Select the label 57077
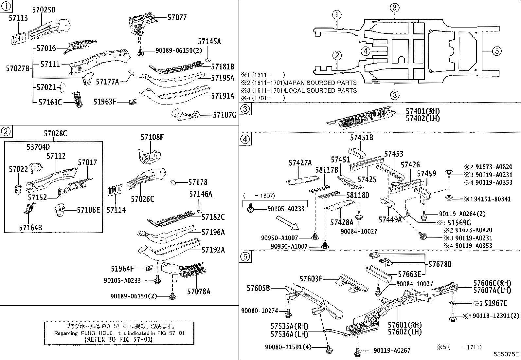coord(177,17)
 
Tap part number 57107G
coord(225,115)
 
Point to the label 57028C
coord(55,134)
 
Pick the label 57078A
coord(199,291)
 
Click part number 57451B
coord(362,138)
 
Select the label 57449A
coord(390,220)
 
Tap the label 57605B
coord(259,288)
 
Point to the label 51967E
coord(496,304)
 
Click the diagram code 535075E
coord(507,354)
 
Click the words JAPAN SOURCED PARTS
coord(321,83)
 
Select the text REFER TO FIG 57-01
coord(118,339)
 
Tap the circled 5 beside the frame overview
coord(496,51)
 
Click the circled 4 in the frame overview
coord(366,51)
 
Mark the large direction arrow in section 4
coord(287,224)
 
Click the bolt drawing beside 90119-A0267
coord(357,352)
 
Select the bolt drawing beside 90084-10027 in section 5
coord(378,290)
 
